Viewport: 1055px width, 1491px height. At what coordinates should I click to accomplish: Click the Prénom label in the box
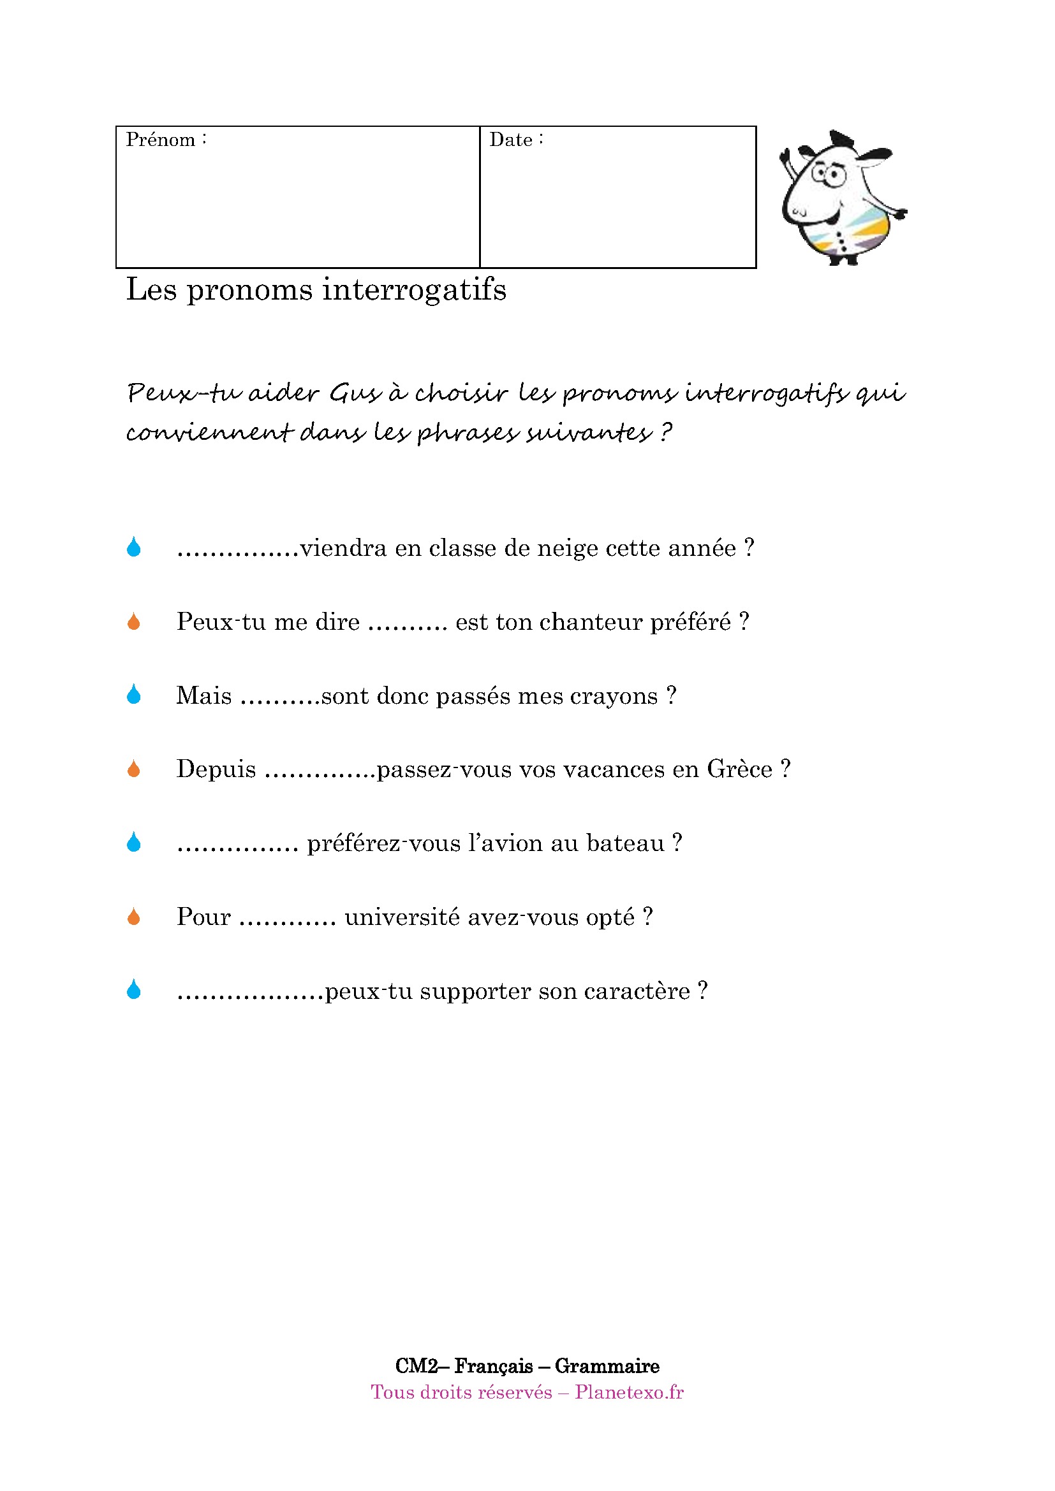(161, 140)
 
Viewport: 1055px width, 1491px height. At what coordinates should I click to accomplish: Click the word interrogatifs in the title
(414, 289)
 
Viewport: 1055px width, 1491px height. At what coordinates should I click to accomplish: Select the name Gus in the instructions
(354, 393)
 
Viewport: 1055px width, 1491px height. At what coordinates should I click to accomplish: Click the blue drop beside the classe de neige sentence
(134, 548)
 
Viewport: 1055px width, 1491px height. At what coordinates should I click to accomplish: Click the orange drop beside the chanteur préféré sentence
(134, 622)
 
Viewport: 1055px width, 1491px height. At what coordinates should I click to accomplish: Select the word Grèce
(739, 769)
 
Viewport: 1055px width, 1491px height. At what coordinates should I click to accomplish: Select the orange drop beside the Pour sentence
(134, 917)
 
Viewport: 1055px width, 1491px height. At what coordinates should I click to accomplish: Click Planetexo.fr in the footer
(629, 1392)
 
